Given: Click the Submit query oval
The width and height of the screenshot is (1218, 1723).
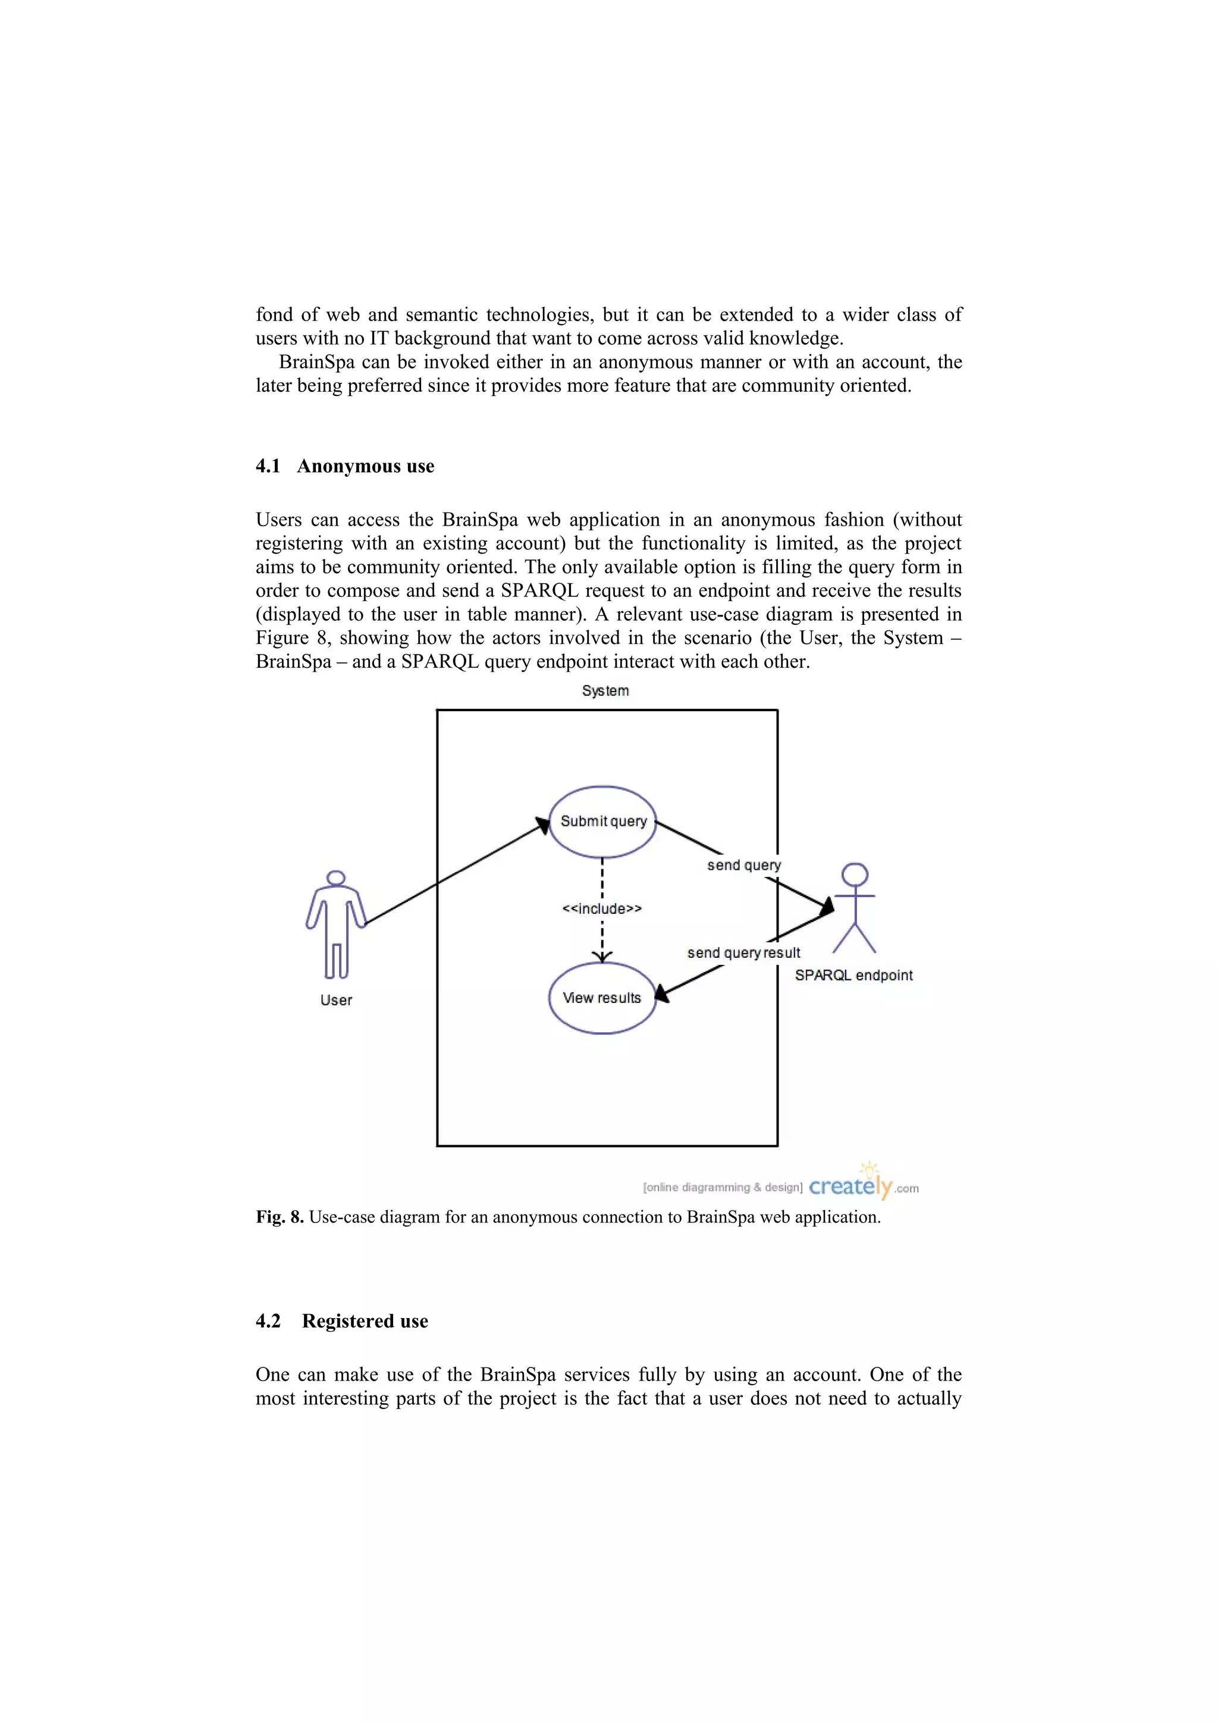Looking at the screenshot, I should [602, 822].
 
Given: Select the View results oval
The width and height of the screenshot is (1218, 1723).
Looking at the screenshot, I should [602, 998].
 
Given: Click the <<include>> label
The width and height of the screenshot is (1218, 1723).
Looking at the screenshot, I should [602, 909].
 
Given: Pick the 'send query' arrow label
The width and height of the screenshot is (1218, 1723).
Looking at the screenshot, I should [744, 865].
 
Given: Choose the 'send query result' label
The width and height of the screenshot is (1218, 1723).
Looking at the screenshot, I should [744, 953].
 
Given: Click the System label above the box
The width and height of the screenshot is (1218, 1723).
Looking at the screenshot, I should [605, 690].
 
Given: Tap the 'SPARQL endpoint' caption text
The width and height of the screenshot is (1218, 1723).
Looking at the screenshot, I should [854, 976].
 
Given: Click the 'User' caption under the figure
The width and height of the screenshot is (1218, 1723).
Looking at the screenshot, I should [336, 1001].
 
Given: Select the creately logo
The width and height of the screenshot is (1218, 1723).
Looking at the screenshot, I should [851, 1187].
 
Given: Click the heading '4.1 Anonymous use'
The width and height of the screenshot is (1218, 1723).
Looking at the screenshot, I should [345, 466].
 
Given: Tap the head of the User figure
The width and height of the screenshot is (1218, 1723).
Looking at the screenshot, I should [336, 878].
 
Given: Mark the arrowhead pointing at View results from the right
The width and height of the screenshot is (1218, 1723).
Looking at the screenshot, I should [661, 994].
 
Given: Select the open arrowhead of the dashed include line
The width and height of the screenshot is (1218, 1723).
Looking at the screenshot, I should [602, 956].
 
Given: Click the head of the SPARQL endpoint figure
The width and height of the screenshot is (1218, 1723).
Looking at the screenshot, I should [855, 875].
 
